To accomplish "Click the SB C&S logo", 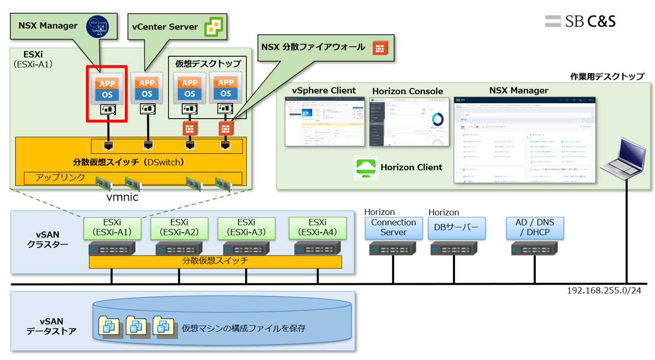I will [x=580, y=21].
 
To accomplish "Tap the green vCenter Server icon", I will [x=214, y=27].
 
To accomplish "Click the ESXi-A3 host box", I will [x=246, y=228].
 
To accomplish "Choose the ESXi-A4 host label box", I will [x=317, y=228].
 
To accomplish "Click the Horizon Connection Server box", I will [x=394, y=228].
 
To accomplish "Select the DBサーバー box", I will [x=456, y=228].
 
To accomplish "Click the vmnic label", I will [x=122, y=197].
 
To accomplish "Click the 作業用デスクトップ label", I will [x=607, y=77].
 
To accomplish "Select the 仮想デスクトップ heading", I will [x=208, y=63].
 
